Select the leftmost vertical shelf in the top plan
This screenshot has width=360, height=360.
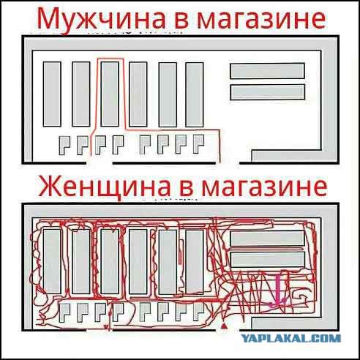coord(52,95)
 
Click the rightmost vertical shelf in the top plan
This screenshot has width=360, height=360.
coord(195,95)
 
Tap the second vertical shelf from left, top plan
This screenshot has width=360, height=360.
coord(80,95)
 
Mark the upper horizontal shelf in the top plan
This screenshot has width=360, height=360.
coord(267,71)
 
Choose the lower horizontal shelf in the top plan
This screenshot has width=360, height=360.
coord(267,91)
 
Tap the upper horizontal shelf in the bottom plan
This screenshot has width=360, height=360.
coord(267,238)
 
